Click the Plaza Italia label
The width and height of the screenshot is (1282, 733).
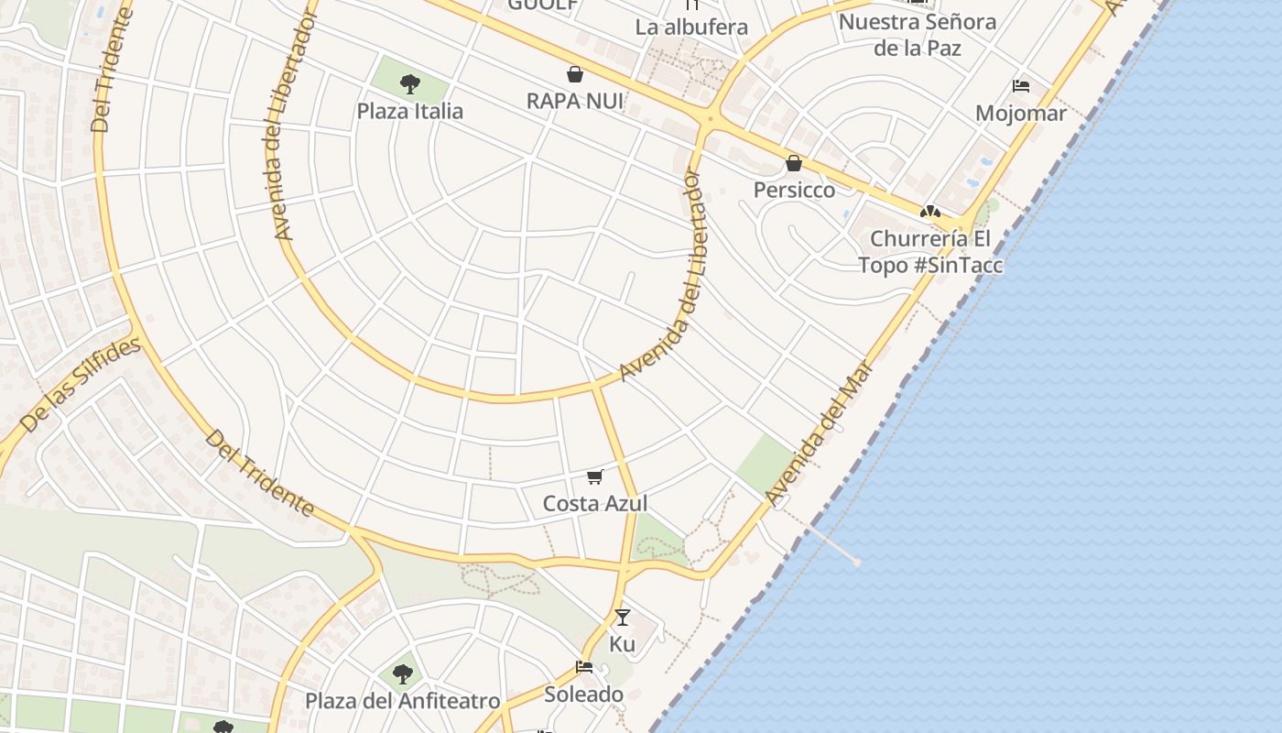point(409,112)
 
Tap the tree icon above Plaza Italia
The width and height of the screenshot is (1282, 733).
point(409,84)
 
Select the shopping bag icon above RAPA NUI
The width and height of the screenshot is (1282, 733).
point(575,74)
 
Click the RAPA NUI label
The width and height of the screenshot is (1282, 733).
point(575,101)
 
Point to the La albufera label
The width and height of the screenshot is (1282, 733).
point(691,27)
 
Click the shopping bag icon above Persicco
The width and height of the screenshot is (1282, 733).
point(794,163)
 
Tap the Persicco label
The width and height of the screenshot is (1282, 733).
point(794,190)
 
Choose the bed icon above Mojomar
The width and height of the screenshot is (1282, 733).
point(1021,86)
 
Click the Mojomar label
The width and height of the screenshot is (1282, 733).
point(1021,114)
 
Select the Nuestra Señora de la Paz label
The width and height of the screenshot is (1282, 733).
point(918,35)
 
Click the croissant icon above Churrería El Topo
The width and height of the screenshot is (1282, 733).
point(930,212)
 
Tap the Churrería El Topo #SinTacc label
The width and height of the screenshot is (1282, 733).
point(930,252)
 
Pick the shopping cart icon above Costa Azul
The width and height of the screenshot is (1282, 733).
point(595,476)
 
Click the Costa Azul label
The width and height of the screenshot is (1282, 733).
point(595,503)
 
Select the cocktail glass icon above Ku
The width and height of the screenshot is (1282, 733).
point(623,618)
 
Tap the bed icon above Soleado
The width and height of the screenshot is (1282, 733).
point(584,667)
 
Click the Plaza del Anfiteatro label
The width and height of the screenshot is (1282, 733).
point(402,702)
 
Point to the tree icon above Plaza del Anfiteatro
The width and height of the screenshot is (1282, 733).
point(402,675)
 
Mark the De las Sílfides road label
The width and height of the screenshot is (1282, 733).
point(81,385)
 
